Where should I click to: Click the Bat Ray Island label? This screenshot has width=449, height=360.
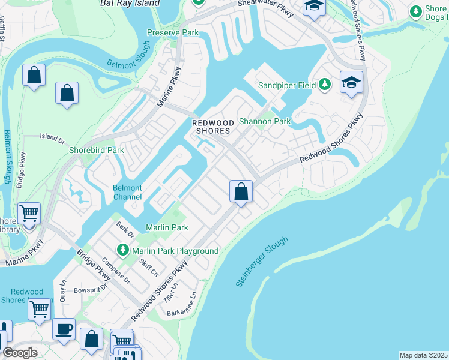[x=130, y=3]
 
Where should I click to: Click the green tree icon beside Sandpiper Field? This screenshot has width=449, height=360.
[x=325, y=85]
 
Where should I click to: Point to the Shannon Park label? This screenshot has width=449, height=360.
[x=265, y=121]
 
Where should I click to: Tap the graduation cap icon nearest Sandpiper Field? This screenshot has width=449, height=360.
[x=351, y=82]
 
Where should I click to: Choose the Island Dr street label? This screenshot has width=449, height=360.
[x=52, y=139]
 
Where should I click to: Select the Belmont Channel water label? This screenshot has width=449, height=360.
[x=128, y=192]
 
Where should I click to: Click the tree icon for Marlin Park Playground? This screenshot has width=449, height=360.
[x=123, y=249]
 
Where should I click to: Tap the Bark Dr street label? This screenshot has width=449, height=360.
[x=125, y=228]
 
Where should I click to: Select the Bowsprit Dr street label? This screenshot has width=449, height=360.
[x=91, y=287]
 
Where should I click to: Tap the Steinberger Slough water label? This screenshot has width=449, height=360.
[x=262, y=261]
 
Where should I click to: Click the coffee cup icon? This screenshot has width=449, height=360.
[x=64, y=329]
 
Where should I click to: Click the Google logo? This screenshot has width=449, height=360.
[x=20, y=353]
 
